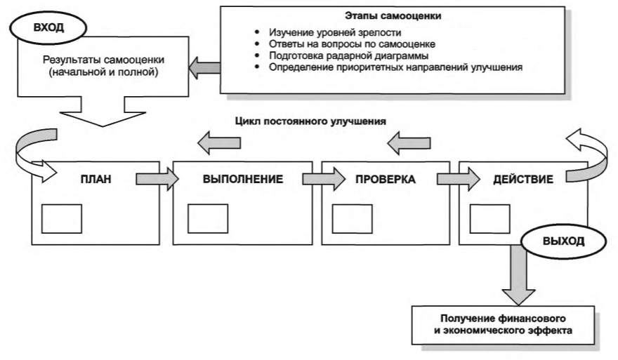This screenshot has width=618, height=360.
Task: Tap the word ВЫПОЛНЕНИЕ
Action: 242,179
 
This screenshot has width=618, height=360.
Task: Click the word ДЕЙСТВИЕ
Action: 518,179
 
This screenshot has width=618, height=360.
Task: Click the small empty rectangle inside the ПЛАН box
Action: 61,218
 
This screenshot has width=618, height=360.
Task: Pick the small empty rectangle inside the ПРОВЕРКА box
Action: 352,218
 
